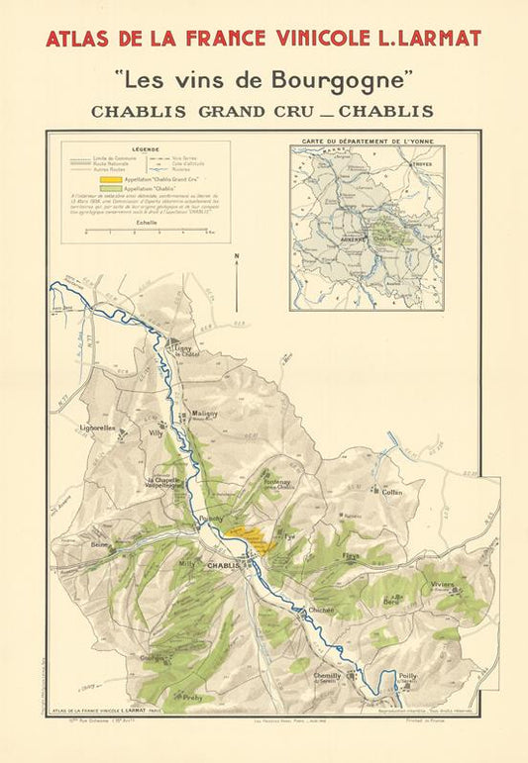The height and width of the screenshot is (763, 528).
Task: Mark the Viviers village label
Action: point(442,585)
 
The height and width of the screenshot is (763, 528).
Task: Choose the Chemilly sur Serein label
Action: point(328,678)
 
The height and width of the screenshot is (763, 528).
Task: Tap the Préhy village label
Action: point(191,696)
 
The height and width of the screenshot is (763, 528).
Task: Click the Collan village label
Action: point(392,492)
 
